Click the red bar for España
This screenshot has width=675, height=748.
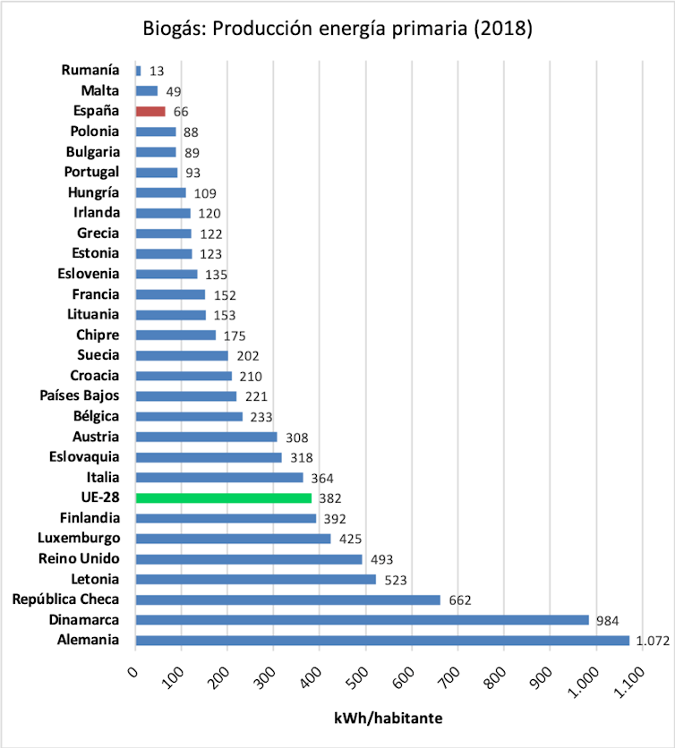point(150,111)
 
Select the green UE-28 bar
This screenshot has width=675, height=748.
point(223,497)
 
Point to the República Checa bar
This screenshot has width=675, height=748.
point(287,599)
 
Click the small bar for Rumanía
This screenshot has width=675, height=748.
point(138,70)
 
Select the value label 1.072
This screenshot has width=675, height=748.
point(652,641)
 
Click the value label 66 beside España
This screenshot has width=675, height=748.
point(182,112)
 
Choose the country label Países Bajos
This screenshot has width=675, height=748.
point(80,395)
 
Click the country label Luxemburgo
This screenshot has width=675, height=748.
point(79,538)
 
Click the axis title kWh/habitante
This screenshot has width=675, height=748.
point(389,718)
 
